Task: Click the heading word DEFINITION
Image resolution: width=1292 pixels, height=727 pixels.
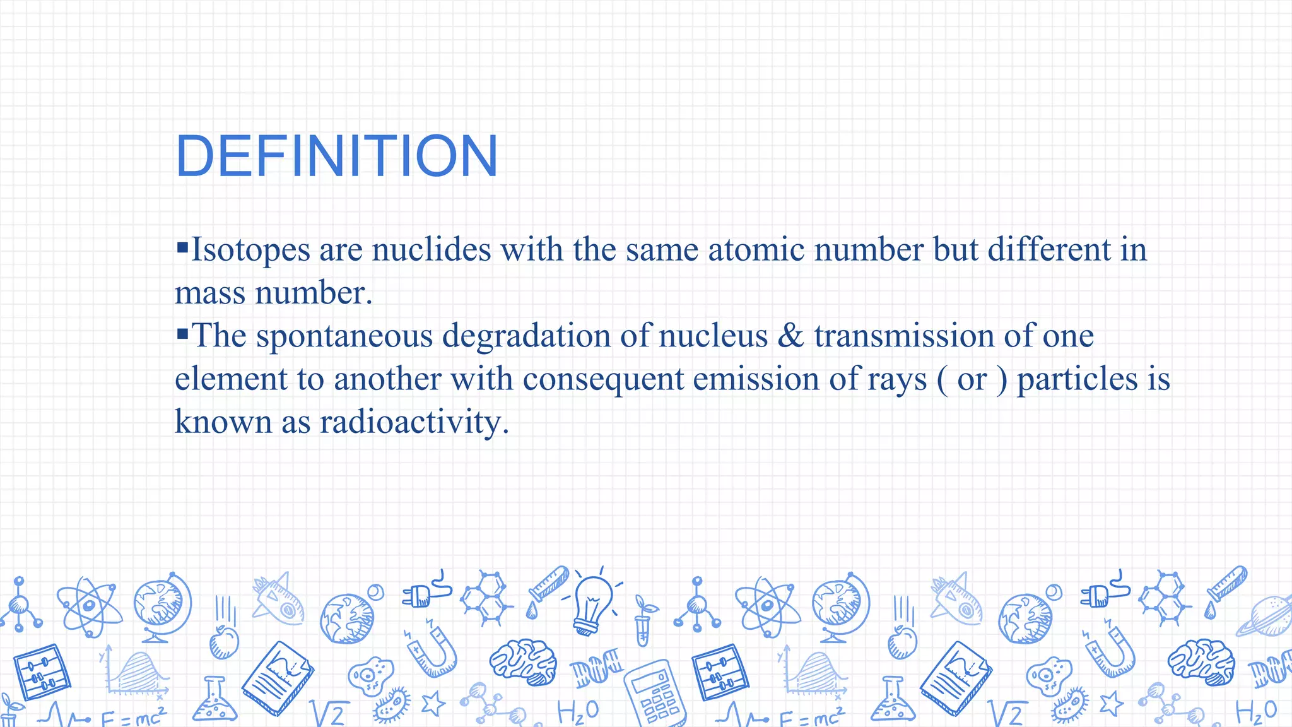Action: (337, 156)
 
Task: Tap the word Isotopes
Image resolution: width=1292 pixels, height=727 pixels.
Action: (250, 250)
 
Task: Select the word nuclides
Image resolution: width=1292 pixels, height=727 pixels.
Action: (432, 250)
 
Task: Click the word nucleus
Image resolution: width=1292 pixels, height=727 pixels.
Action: (713, 336)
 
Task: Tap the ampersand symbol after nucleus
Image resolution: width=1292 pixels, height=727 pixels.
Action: (790, 336)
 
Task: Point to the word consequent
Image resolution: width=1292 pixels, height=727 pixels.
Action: (603, 380)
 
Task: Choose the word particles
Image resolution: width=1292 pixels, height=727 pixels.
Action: (1078, 380)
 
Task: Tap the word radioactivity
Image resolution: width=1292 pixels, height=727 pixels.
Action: (414, 422)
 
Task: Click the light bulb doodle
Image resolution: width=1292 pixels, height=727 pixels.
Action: (592, 603)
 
